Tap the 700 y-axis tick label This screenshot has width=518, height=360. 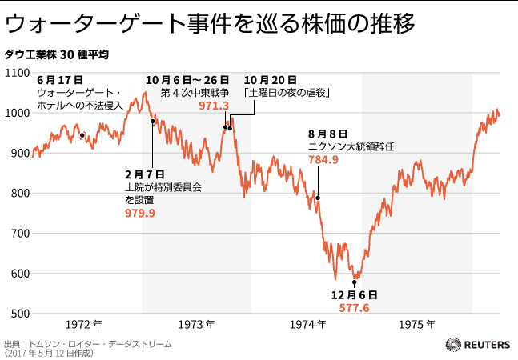[x=18, y=234]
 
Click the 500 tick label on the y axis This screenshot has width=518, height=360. [x=18, y=314]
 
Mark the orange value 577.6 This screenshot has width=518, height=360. [x=354, y=308]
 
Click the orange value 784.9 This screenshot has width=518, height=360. [x=323, y=159]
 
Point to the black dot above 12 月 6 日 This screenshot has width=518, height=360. [x=354, y=282]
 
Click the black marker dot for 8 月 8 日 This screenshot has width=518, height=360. [x=318, y=198]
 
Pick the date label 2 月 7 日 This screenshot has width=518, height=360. [x=144, y=174]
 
